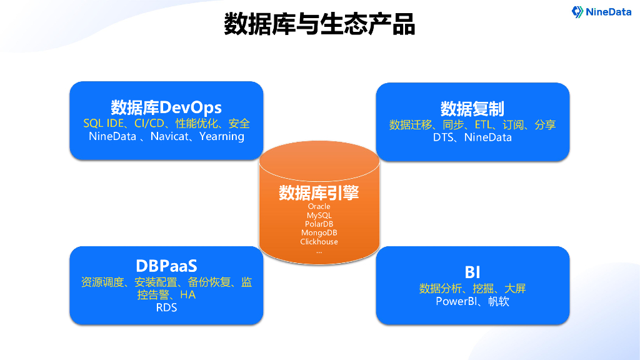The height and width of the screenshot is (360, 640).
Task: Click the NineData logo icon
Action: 577,11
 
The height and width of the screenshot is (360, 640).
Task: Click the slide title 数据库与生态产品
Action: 319,25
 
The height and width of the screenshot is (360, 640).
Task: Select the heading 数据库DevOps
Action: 166,107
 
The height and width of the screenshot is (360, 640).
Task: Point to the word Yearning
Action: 222,136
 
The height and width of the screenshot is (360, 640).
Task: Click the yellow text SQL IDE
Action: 104,124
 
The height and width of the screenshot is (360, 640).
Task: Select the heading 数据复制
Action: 472,108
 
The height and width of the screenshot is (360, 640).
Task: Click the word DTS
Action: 444,137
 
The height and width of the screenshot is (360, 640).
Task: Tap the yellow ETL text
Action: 486,125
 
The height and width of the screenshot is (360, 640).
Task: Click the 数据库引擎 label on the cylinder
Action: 319,192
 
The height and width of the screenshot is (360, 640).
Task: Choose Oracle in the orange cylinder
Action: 319,206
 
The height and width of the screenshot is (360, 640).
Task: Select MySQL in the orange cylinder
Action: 319,215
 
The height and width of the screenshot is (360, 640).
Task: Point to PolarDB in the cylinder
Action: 319,224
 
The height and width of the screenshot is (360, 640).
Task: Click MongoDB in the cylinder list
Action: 319,232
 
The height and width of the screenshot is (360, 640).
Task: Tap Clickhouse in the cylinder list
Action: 319,242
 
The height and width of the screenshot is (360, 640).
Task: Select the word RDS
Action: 166,307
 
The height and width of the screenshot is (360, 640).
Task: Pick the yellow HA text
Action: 187,295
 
